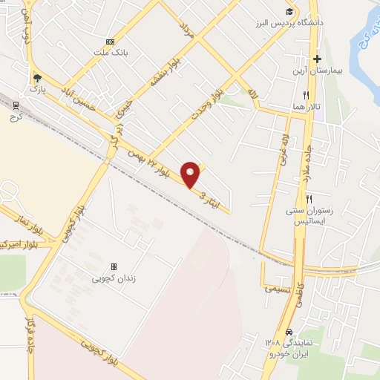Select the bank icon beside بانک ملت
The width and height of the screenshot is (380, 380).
[110, 41]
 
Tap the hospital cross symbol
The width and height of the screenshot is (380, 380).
[317, 59]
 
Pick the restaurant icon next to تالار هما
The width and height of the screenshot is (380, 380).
[306, 95]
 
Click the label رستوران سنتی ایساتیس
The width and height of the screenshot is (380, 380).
[310, 216]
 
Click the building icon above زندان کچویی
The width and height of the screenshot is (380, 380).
[114, 266]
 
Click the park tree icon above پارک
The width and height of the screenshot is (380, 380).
[37, 77]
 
